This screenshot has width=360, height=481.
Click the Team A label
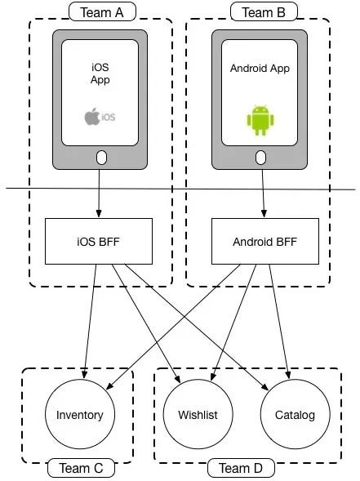(x=101, y=11)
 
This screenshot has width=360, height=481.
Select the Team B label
(x=259, y=11)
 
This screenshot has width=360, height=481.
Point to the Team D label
(x=240, y=468)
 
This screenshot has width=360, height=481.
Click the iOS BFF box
(x=99, y=241)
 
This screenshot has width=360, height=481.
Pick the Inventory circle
(x=80, y=415)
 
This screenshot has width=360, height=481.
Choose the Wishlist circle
(x=198, y=415)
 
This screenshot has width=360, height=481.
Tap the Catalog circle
(x=295, y=415)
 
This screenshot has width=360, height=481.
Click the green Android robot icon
(x=258, y=120)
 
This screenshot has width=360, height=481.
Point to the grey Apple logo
(x=92, y=117)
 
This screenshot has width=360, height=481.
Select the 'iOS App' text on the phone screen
(x=100, y=73)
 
